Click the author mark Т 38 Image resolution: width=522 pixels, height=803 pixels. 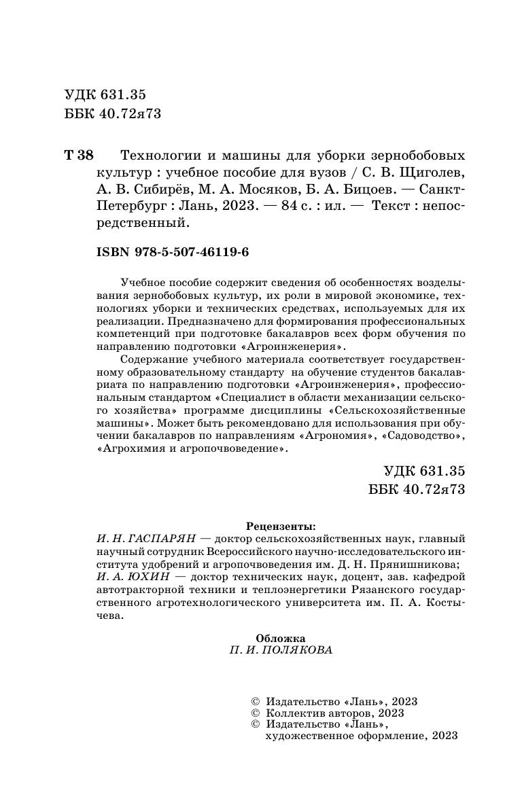tap(78, 154)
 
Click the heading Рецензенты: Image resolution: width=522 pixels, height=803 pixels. tap(281, 526)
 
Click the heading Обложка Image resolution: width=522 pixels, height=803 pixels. tap(281, 638)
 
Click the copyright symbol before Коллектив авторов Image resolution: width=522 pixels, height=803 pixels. tap(256, 713)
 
